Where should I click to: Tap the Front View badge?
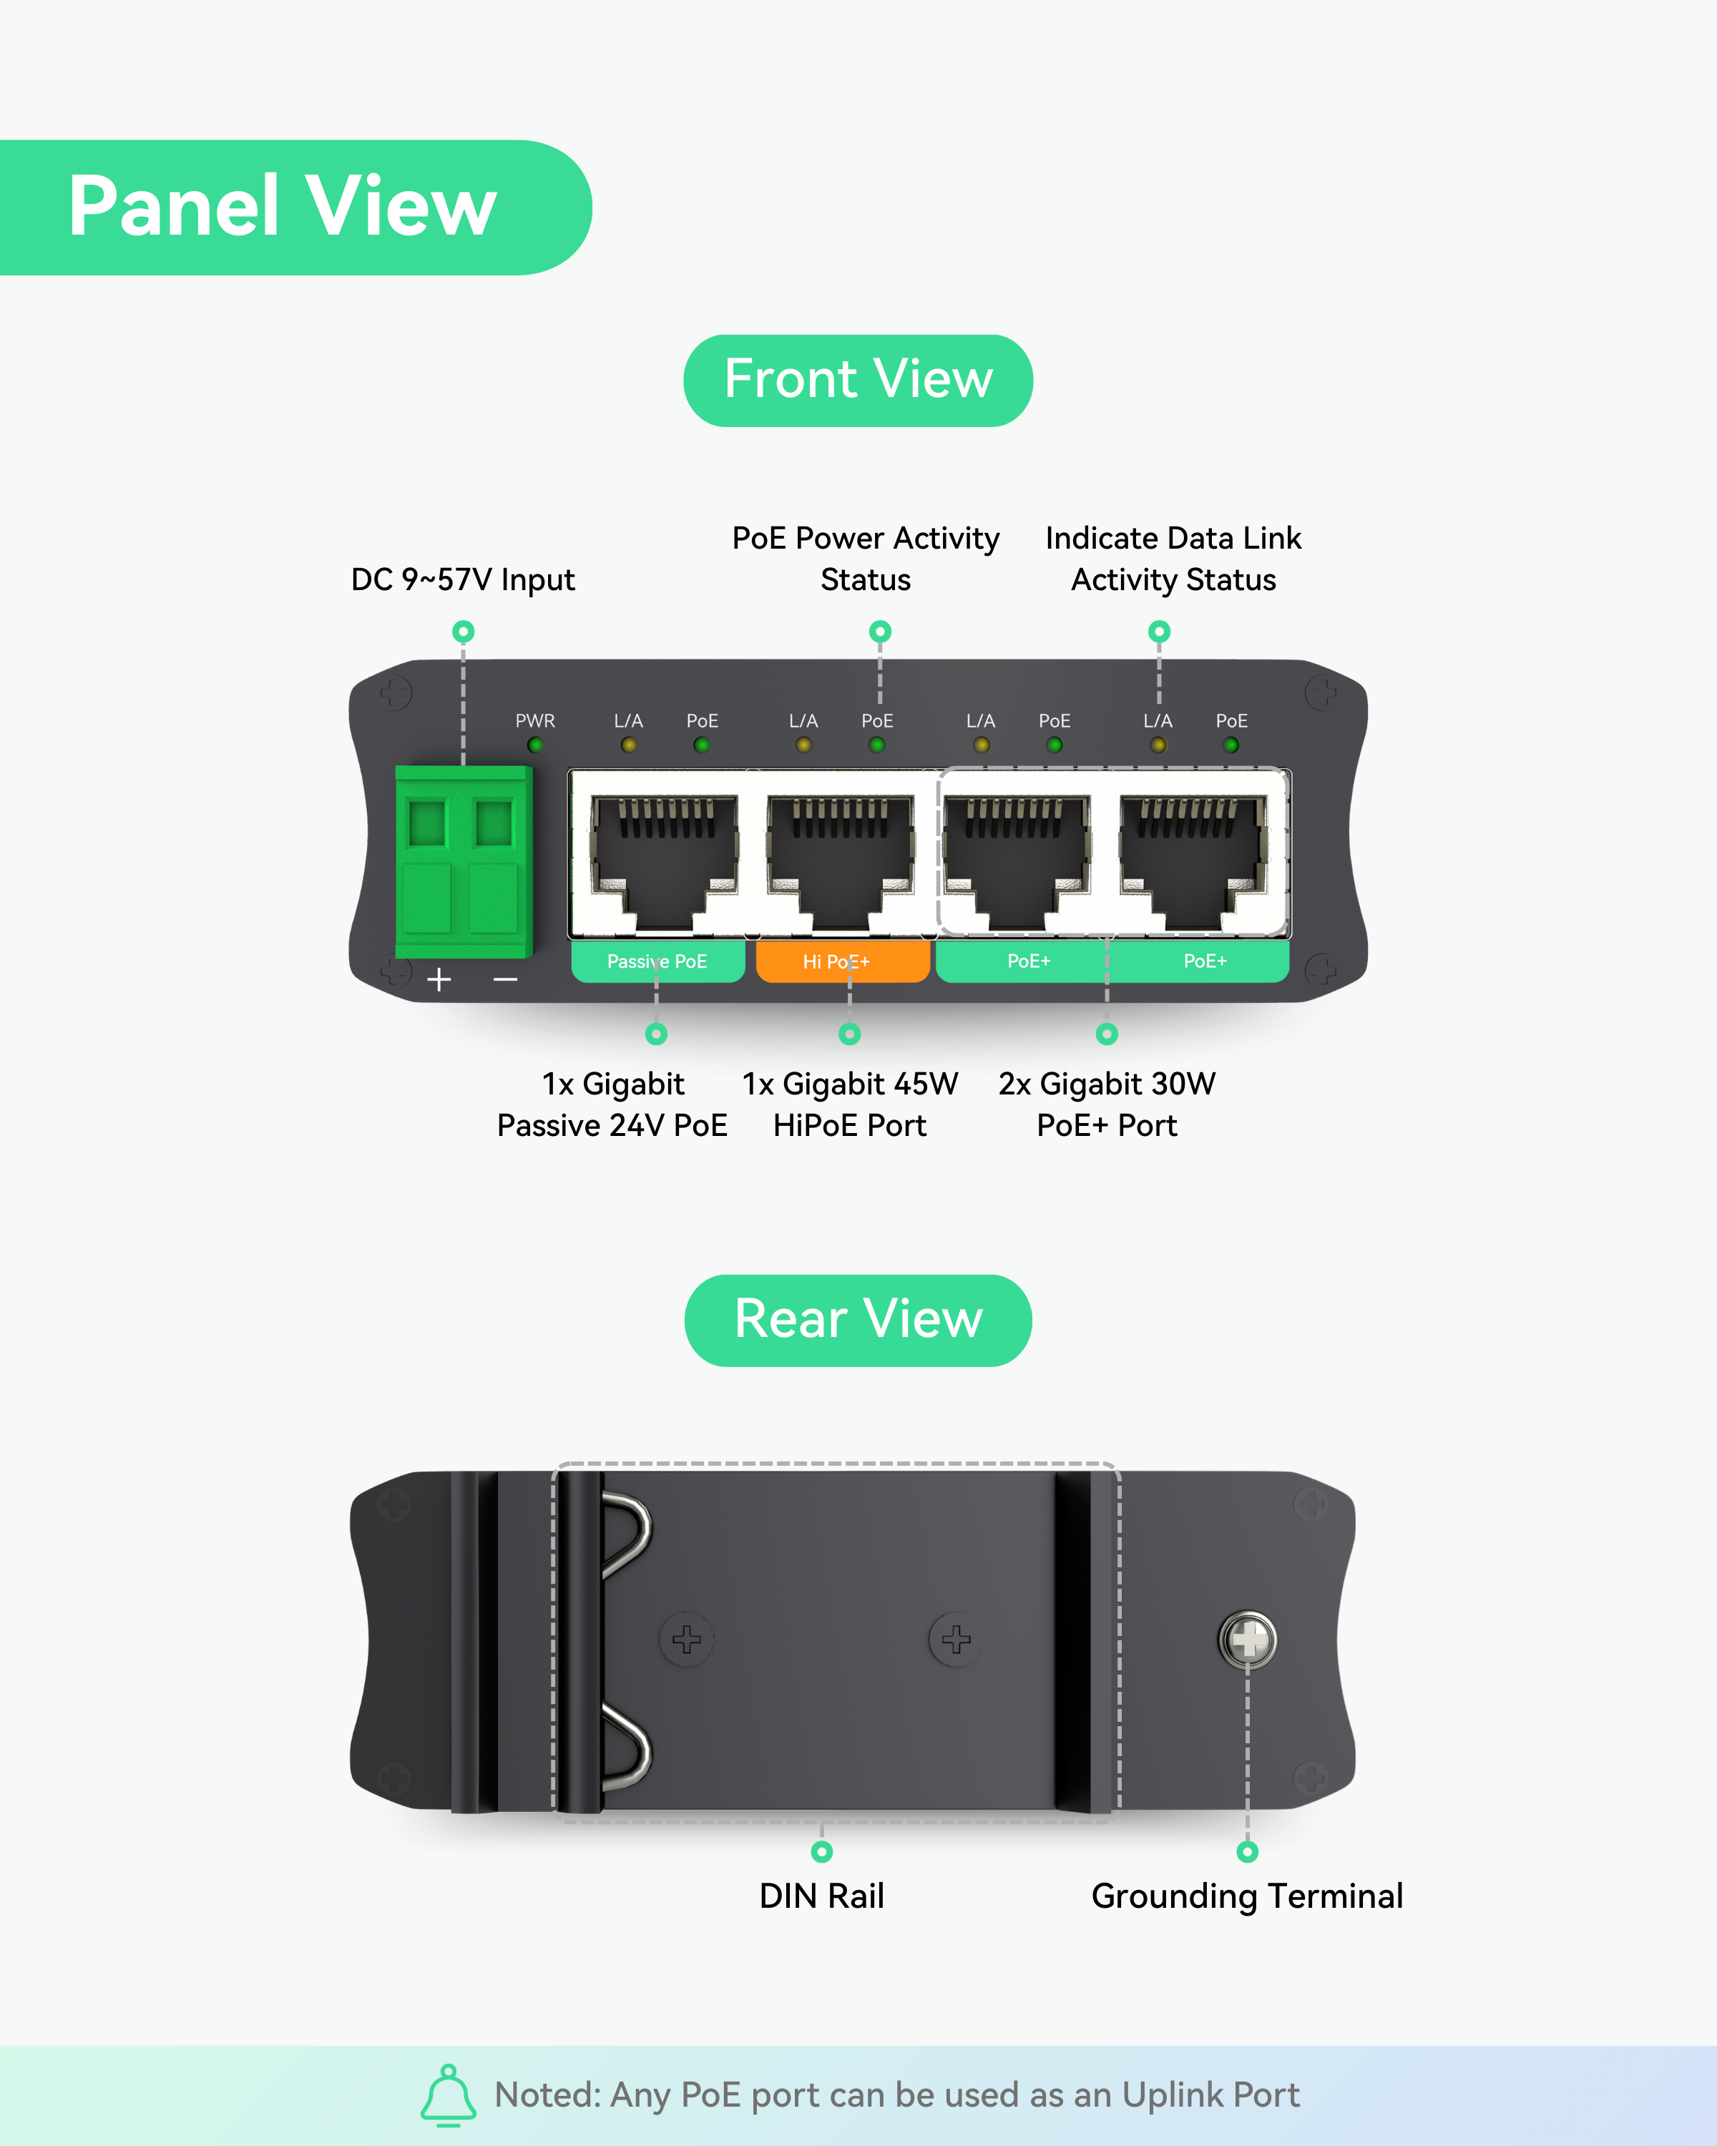click(x=858, y=381)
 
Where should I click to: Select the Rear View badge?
click(x=858, y=1320)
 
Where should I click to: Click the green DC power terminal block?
click(x=464, y=862)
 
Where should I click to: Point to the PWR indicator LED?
click(x=536, y=745)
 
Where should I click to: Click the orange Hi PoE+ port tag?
click(x=843, y=961)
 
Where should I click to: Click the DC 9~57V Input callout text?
click(x=463, y=579)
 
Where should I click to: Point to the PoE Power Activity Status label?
click(x=866, y=559)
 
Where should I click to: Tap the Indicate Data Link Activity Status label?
click(x=1173, y=559)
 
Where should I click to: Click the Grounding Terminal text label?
click(x=1247, y=1896)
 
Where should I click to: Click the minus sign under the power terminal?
click(x=506, y=981)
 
